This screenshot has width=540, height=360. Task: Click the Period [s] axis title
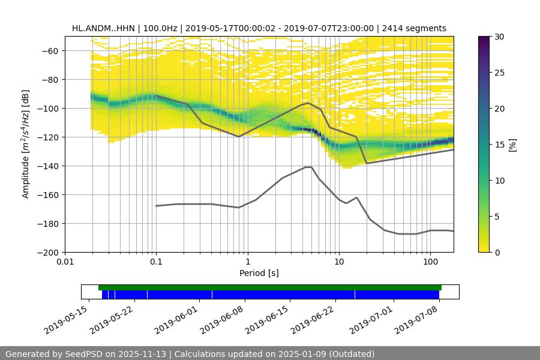[259, 273]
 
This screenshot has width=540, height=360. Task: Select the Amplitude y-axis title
[25, 144]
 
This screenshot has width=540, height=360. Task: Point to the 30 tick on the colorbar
[500, 37]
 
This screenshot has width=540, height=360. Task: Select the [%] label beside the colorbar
[512, 145]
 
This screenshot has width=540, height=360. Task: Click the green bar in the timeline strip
[270, 287]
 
